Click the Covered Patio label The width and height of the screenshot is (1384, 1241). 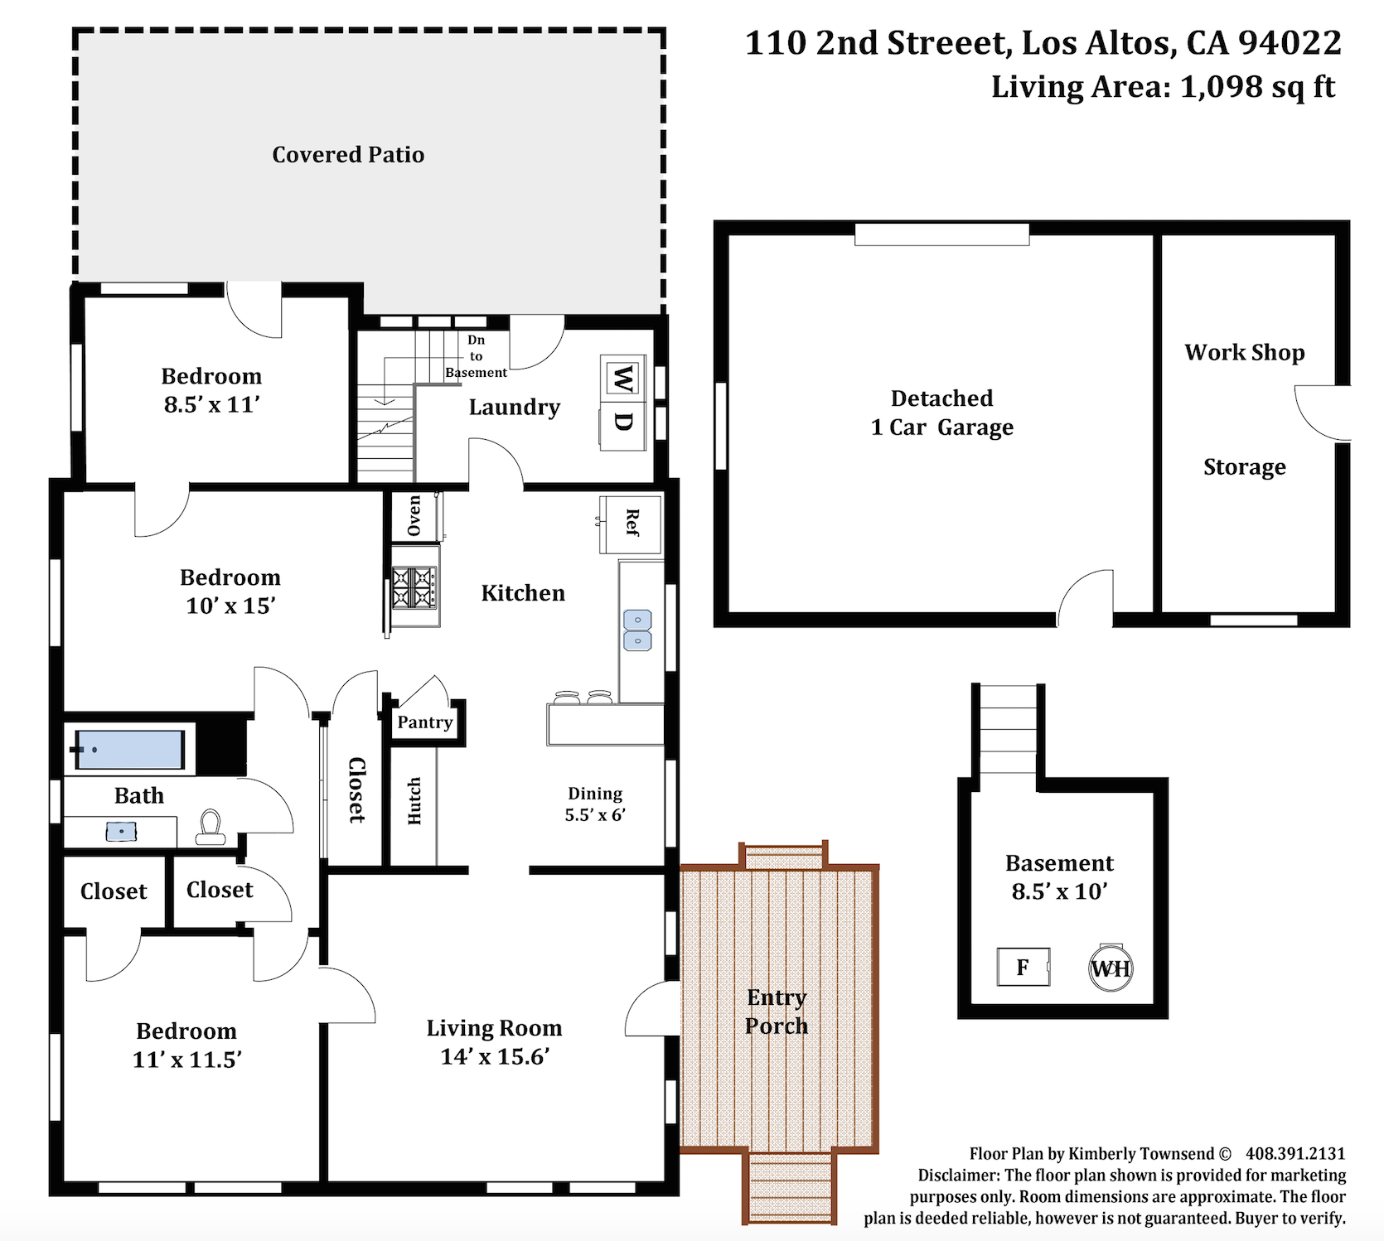(348, 155)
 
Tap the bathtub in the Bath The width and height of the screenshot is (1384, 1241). (129, 750)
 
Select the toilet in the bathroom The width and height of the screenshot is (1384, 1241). (211, 828)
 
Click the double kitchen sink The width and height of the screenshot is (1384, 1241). (637, 630)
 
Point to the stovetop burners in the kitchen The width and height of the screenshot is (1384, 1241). (414, 587)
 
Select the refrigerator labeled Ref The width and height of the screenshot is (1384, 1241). (632, 524)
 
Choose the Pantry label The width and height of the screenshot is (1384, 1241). (425, 722)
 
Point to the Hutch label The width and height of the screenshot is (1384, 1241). (414, 801)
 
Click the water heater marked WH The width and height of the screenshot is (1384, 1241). (1111, 968)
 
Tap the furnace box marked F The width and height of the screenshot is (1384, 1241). (1023, 967)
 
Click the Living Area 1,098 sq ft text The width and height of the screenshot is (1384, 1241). (1163, 87)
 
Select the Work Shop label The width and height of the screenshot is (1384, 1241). (1245, 353)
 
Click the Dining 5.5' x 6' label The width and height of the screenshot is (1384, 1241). (595, 804)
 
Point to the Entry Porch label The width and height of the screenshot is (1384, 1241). (777, 1012)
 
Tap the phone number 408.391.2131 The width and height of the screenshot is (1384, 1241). (1295, 1154)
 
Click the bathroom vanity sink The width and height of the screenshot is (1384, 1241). (121, 831)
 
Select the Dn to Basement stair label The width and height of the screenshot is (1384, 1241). (477, 356)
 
